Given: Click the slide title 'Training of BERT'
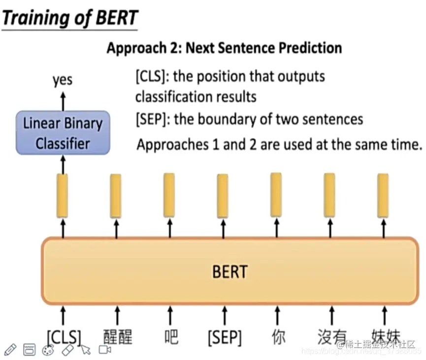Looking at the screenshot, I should [70, 18].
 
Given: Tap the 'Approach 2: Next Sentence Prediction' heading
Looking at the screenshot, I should [224, 48].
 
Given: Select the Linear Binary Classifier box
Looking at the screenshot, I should [63, 133].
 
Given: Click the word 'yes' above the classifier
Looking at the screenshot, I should [63, 79].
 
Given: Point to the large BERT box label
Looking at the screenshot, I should [229, 271].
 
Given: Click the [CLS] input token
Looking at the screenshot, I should [64, 337].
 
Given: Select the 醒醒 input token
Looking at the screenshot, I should [118, 337].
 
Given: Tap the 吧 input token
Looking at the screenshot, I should [170, 337].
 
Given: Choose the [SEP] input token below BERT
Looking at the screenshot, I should [225, 337].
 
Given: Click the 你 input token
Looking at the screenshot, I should [278, 337].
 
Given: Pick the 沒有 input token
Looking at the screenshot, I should [331, 337].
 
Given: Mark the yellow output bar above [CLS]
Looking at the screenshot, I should [63, 196].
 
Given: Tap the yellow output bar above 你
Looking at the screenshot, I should [276, 195].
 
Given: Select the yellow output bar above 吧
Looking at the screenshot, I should [169, 196].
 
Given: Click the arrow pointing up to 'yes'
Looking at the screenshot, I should [63, 100].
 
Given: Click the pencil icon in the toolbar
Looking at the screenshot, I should [10, 350].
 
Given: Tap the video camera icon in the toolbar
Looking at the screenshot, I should [104, 350].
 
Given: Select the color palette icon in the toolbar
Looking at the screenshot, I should [48, 350].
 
